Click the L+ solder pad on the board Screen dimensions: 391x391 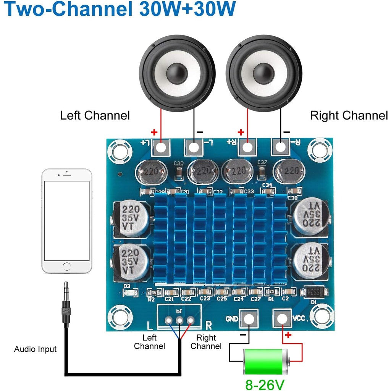[x=161, y=147]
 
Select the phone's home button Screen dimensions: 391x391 [x=67, y=266]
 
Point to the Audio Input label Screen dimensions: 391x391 [x=35, y=349]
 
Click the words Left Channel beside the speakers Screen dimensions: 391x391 [x=95, y=115]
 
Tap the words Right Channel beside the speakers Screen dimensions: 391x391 [x=349, y=115]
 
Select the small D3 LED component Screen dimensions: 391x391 [x=131, y=293]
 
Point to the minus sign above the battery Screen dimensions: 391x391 [x=243, y=334]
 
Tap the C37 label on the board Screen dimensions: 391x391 [x=262, y=162]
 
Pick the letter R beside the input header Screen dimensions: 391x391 [x=209, y=325]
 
